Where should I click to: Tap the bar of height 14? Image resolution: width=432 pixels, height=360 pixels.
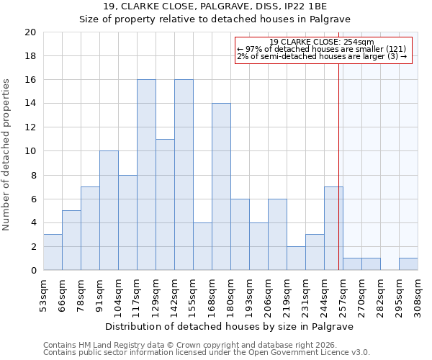click(x=221, y=187)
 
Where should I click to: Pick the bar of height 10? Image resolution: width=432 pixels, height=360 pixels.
click(x=109, y=211)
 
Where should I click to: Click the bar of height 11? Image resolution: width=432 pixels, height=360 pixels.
click(x=165, y=205)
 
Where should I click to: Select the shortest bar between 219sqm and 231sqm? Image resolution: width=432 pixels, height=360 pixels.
click(x=296, y=258)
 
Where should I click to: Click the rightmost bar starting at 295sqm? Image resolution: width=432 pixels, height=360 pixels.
click(x=408, y=264)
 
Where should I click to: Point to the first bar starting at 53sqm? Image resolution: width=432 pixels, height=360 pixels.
click(x=53, y=253)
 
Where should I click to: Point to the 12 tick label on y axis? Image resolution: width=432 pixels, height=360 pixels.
click(x=30, y=127)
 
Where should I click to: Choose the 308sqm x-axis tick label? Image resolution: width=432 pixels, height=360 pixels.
click(x=418, y=295)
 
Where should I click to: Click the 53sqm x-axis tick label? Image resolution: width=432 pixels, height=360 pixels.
click(x=43, y=295)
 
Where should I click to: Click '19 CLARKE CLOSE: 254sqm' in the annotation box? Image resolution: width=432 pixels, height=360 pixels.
click(x=322, y=42)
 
